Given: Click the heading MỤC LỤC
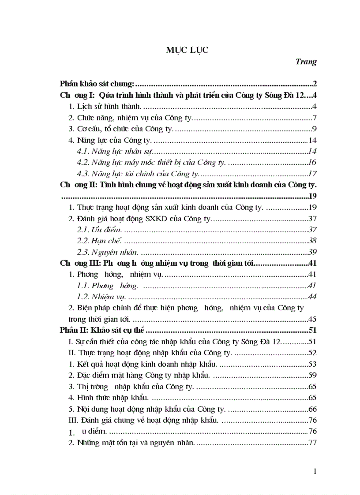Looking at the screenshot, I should coord(181,50).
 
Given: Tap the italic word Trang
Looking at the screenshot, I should coord(306,62).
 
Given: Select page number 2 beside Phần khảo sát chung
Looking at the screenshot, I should coord(314,83).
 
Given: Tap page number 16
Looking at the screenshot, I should coord(312,163).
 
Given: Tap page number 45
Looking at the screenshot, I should coord(312,319).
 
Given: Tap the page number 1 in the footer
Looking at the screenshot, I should coord(315,472).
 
